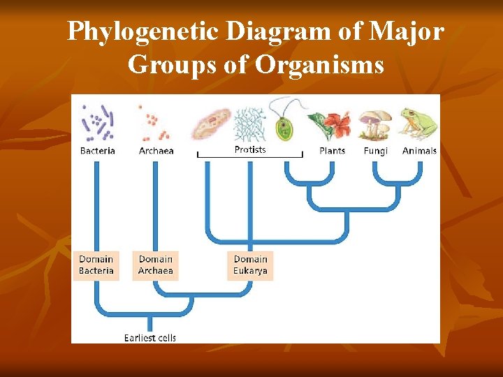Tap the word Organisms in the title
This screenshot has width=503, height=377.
(319, 65)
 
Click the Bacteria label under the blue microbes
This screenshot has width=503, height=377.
(97, 151)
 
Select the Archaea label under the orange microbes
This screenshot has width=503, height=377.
(156, 151)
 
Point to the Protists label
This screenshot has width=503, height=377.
(249, 149)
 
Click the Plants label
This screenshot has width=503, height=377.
(332, 151)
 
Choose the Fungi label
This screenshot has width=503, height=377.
(375, 151)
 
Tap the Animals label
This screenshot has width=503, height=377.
(419, 151)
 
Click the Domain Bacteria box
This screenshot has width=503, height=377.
(96, 265)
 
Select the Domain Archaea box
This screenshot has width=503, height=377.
(155, 265)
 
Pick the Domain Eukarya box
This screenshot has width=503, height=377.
(250, 265)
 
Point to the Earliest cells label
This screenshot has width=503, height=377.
(150, 338)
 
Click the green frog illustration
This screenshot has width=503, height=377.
(418, 124)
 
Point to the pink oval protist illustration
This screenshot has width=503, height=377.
(212, 124)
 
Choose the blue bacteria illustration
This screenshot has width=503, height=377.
(97, 123)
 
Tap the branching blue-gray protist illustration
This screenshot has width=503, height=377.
(249, 124)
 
